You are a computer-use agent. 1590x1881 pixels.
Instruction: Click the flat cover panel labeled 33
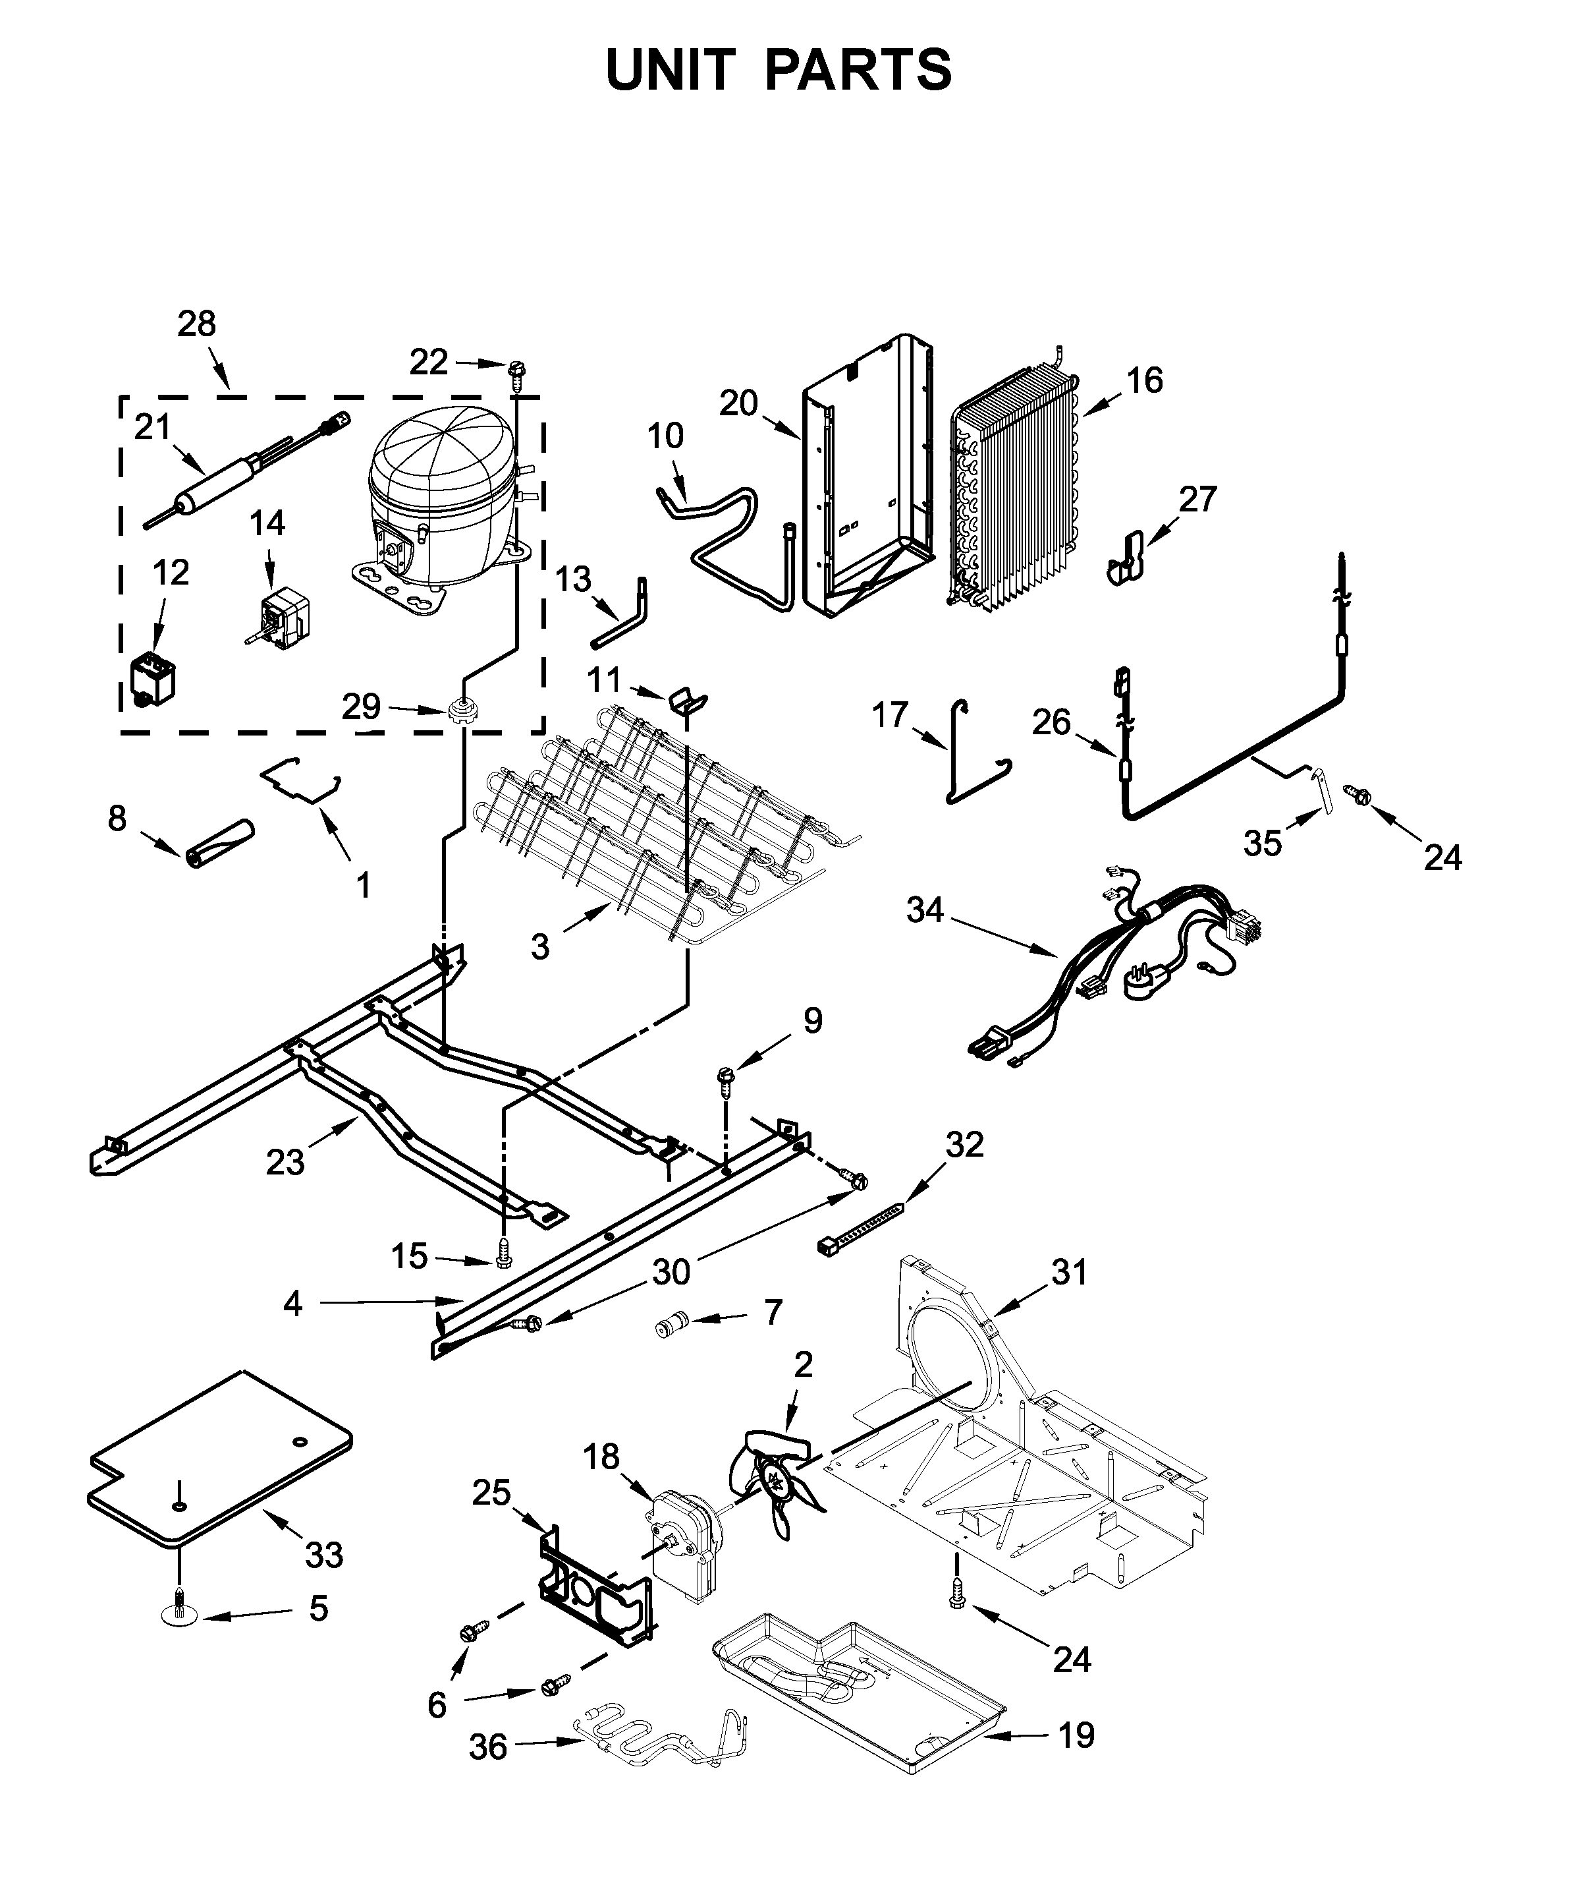pos(221,1465)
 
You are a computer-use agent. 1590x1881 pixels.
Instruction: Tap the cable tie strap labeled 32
pos(861,1224)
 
